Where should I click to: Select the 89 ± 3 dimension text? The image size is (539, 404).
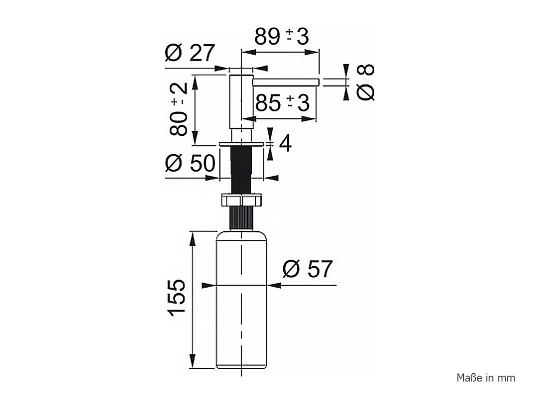pos(281,37)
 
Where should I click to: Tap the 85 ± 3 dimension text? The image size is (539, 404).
pos(282,103)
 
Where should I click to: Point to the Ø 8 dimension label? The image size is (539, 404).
pos(366,82)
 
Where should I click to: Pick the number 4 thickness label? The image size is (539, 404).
pos(285,144)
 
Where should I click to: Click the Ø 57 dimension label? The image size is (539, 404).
pos(308,269)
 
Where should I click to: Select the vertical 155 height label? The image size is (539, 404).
pos(176,298)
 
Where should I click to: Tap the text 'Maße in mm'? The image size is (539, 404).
pos(486,384)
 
